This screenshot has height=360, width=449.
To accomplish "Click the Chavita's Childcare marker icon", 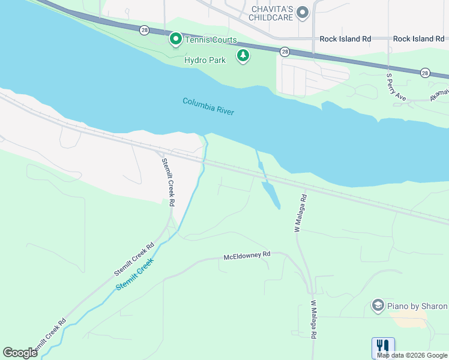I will point(303,11).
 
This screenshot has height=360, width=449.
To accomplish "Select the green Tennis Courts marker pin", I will point(175,40).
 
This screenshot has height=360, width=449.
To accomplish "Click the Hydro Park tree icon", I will point(243,56).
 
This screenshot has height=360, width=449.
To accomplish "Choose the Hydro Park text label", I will point(205,60).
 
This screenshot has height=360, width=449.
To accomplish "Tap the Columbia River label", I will point(208,106).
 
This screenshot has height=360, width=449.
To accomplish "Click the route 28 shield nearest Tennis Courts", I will point(144,29).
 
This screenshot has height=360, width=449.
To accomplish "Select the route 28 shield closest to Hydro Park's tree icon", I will point(285,52).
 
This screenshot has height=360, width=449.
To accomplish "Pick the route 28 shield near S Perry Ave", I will point(425,72).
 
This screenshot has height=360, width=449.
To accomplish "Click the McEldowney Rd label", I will point(247,255).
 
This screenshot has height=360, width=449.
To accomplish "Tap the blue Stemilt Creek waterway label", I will point(135,274).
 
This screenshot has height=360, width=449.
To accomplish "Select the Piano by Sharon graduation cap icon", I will point(378,306).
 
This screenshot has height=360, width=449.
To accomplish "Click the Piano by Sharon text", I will point(417,306).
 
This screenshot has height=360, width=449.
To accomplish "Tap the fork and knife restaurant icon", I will point(382,346).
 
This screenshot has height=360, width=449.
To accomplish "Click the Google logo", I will point(20,353).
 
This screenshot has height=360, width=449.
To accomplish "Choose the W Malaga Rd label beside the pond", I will point(300,213).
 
